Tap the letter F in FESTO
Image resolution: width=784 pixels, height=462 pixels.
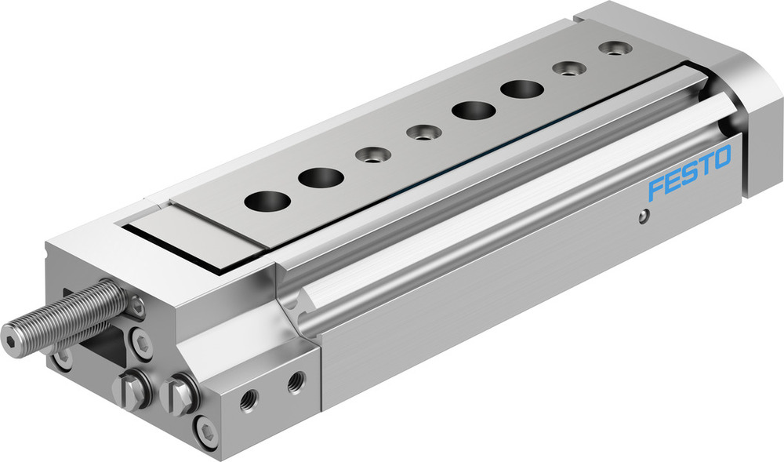656,188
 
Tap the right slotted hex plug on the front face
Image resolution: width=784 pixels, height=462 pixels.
180,393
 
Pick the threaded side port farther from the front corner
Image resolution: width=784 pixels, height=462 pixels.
296,383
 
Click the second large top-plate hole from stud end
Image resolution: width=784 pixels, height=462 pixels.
320,178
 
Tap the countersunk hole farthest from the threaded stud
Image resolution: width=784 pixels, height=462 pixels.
613,49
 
